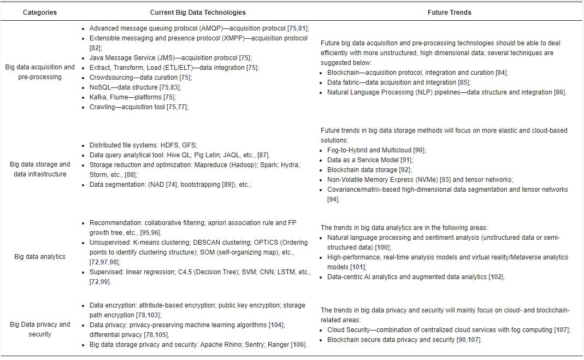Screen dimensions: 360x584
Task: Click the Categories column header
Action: (x=39, y=12)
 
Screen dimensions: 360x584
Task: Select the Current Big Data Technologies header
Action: (x=198, y=12)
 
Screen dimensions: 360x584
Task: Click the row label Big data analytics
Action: (x=39, y=256)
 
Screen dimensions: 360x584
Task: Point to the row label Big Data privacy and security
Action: (x=40, y=329)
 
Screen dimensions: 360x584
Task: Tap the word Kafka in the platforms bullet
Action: (x=98, y=97)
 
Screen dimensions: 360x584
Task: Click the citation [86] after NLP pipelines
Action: (x=559, y=92)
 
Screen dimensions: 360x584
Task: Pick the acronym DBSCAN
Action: (x=207, y=243)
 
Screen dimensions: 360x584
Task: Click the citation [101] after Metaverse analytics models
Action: (x=358, y=267)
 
